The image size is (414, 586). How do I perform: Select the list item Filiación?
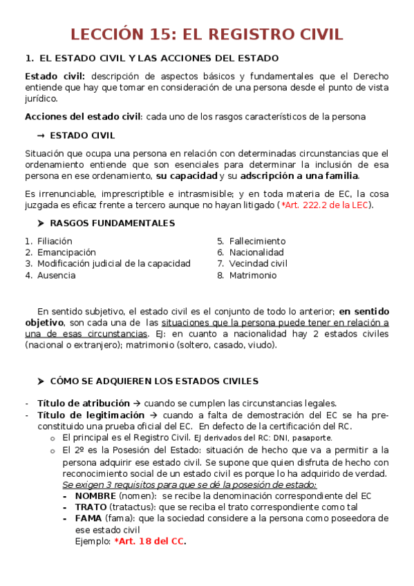55,241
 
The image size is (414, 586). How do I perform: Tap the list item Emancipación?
66,252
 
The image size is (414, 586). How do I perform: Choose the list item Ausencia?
57,275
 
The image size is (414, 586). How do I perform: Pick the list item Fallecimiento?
257,241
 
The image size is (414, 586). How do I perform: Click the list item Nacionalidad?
256,252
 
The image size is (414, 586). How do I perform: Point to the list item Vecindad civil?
258,263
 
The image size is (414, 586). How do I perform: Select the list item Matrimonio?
253,275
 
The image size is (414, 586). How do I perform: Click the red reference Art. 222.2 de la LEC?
326,205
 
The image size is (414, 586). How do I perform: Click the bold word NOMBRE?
95,495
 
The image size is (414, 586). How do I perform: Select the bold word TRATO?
91,507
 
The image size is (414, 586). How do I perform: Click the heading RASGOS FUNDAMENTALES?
112,223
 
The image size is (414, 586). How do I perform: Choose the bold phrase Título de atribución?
83,404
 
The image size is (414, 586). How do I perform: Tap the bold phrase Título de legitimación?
91,415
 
